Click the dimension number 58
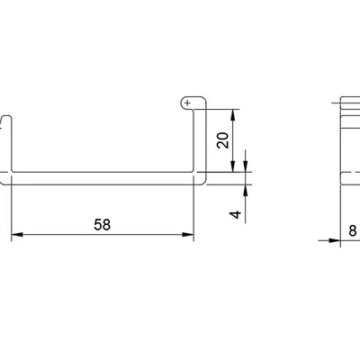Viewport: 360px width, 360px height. pyautogui.click(x=103, y=225)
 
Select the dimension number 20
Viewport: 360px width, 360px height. pyautogui.click(x=223, y=140)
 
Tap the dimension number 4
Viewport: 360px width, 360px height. pyautogui.click(x=236, y=214)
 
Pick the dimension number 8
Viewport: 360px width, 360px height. pyautogui.click(x=353, y=230)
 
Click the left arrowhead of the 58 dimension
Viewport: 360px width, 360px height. pyautogui.click(x=17, y=234)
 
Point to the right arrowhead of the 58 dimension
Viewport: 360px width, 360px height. pyautogui.click(x=188, y=234)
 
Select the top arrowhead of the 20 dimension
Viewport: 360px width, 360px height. pyautogui.click(x=233, y=115)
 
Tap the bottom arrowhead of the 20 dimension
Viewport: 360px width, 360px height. pyautogui.click(x=233, y=166)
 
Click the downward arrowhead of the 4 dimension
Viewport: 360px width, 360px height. pyautogui.click(x=246, y=166)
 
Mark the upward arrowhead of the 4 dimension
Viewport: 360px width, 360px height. pyautogui.click(x=246, y=191)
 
